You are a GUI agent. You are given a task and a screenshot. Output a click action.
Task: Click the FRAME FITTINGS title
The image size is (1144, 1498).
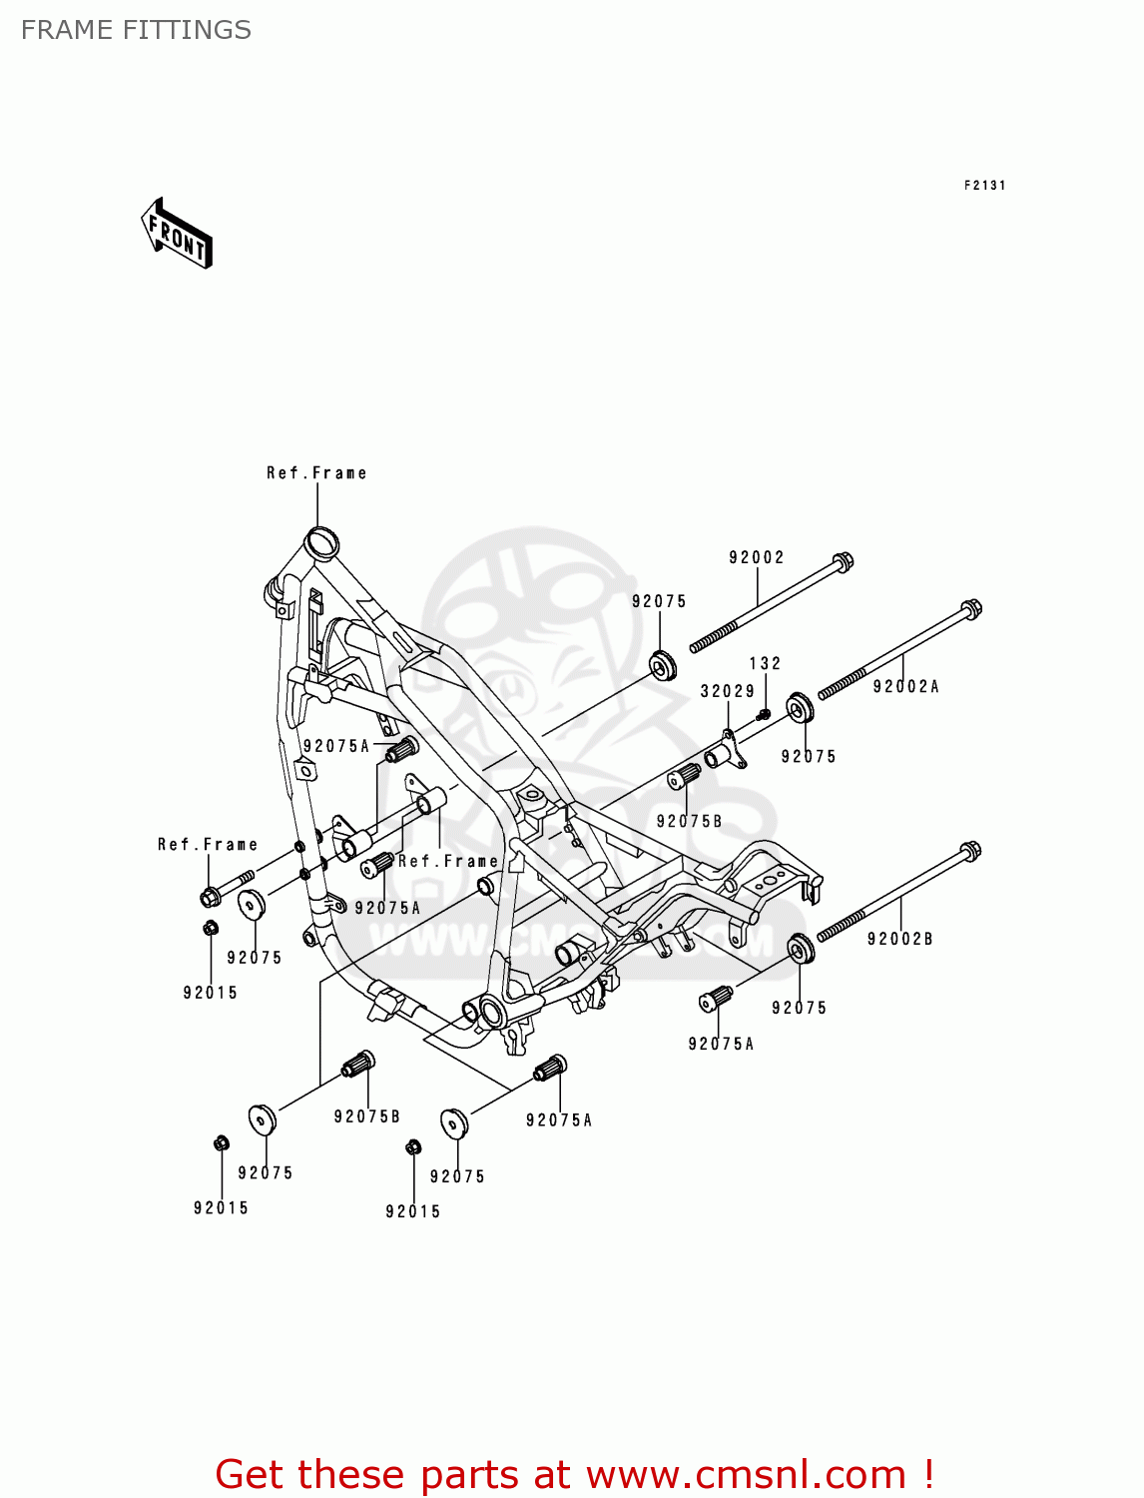coord(136,30)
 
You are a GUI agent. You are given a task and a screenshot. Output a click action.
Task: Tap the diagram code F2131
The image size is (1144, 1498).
coord(984,185)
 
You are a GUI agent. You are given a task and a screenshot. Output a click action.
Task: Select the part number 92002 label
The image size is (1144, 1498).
coord(757,557)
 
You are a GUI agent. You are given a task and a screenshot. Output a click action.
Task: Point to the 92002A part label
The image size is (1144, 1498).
coord(905,686)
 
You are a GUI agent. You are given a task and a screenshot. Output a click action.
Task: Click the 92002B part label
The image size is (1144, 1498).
coord(899,939)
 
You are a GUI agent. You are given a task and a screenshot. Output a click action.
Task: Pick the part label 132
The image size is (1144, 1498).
coord(765,663)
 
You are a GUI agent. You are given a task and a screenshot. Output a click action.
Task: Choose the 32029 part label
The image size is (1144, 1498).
coord(727,691)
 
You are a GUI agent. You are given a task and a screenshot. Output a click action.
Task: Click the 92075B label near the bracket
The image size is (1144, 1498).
coord(689,821)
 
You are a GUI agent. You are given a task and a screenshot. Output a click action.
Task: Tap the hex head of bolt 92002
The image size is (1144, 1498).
coord(843,562)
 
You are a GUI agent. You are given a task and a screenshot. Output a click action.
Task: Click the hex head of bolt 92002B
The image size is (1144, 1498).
coord(968,851)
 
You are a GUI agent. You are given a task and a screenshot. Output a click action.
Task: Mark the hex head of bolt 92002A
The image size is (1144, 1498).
coord(970,609)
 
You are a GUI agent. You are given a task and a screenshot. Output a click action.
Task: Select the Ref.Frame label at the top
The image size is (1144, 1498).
coord(316,473)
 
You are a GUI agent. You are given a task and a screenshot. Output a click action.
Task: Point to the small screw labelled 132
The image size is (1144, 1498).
coord(764,713)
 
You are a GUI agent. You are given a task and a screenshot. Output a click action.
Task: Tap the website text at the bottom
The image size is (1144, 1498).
coord(574,1474)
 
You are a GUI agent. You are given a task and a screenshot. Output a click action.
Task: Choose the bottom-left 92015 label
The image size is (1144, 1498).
coord(221,1207)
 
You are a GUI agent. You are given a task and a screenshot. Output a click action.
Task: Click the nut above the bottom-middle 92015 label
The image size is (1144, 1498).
coord(413,1147)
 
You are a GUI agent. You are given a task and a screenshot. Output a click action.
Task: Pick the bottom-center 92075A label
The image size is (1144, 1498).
coord(559,1121)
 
